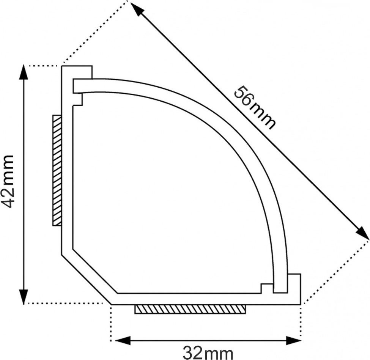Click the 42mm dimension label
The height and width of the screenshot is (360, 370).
[x=8, y=181]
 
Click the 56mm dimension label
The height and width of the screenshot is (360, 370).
[x=253, y=108]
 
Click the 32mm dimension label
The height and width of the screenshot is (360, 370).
[x=208, y=352]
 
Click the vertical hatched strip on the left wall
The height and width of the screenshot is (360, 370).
[x=57, y=171]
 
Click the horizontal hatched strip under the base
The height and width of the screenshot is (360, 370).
[x=190, y=309]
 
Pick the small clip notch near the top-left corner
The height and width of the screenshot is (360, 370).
[x=78, y=99]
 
